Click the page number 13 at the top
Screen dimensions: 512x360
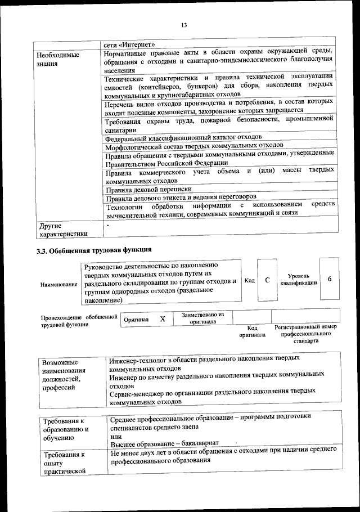183,25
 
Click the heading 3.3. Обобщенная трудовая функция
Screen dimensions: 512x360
94,249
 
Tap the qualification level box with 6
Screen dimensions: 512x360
329,280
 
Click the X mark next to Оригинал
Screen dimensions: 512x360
163,319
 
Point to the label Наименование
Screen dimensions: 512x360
58,285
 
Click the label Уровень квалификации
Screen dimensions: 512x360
299,280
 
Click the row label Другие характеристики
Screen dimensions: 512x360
62,231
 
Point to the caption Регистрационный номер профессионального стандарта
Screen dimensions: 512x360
305,334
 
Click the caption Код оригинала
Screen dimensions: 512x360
253,331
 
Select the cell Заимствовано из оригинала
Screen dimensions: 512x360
203,318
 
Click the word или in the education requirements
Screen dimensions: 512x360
116,437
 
